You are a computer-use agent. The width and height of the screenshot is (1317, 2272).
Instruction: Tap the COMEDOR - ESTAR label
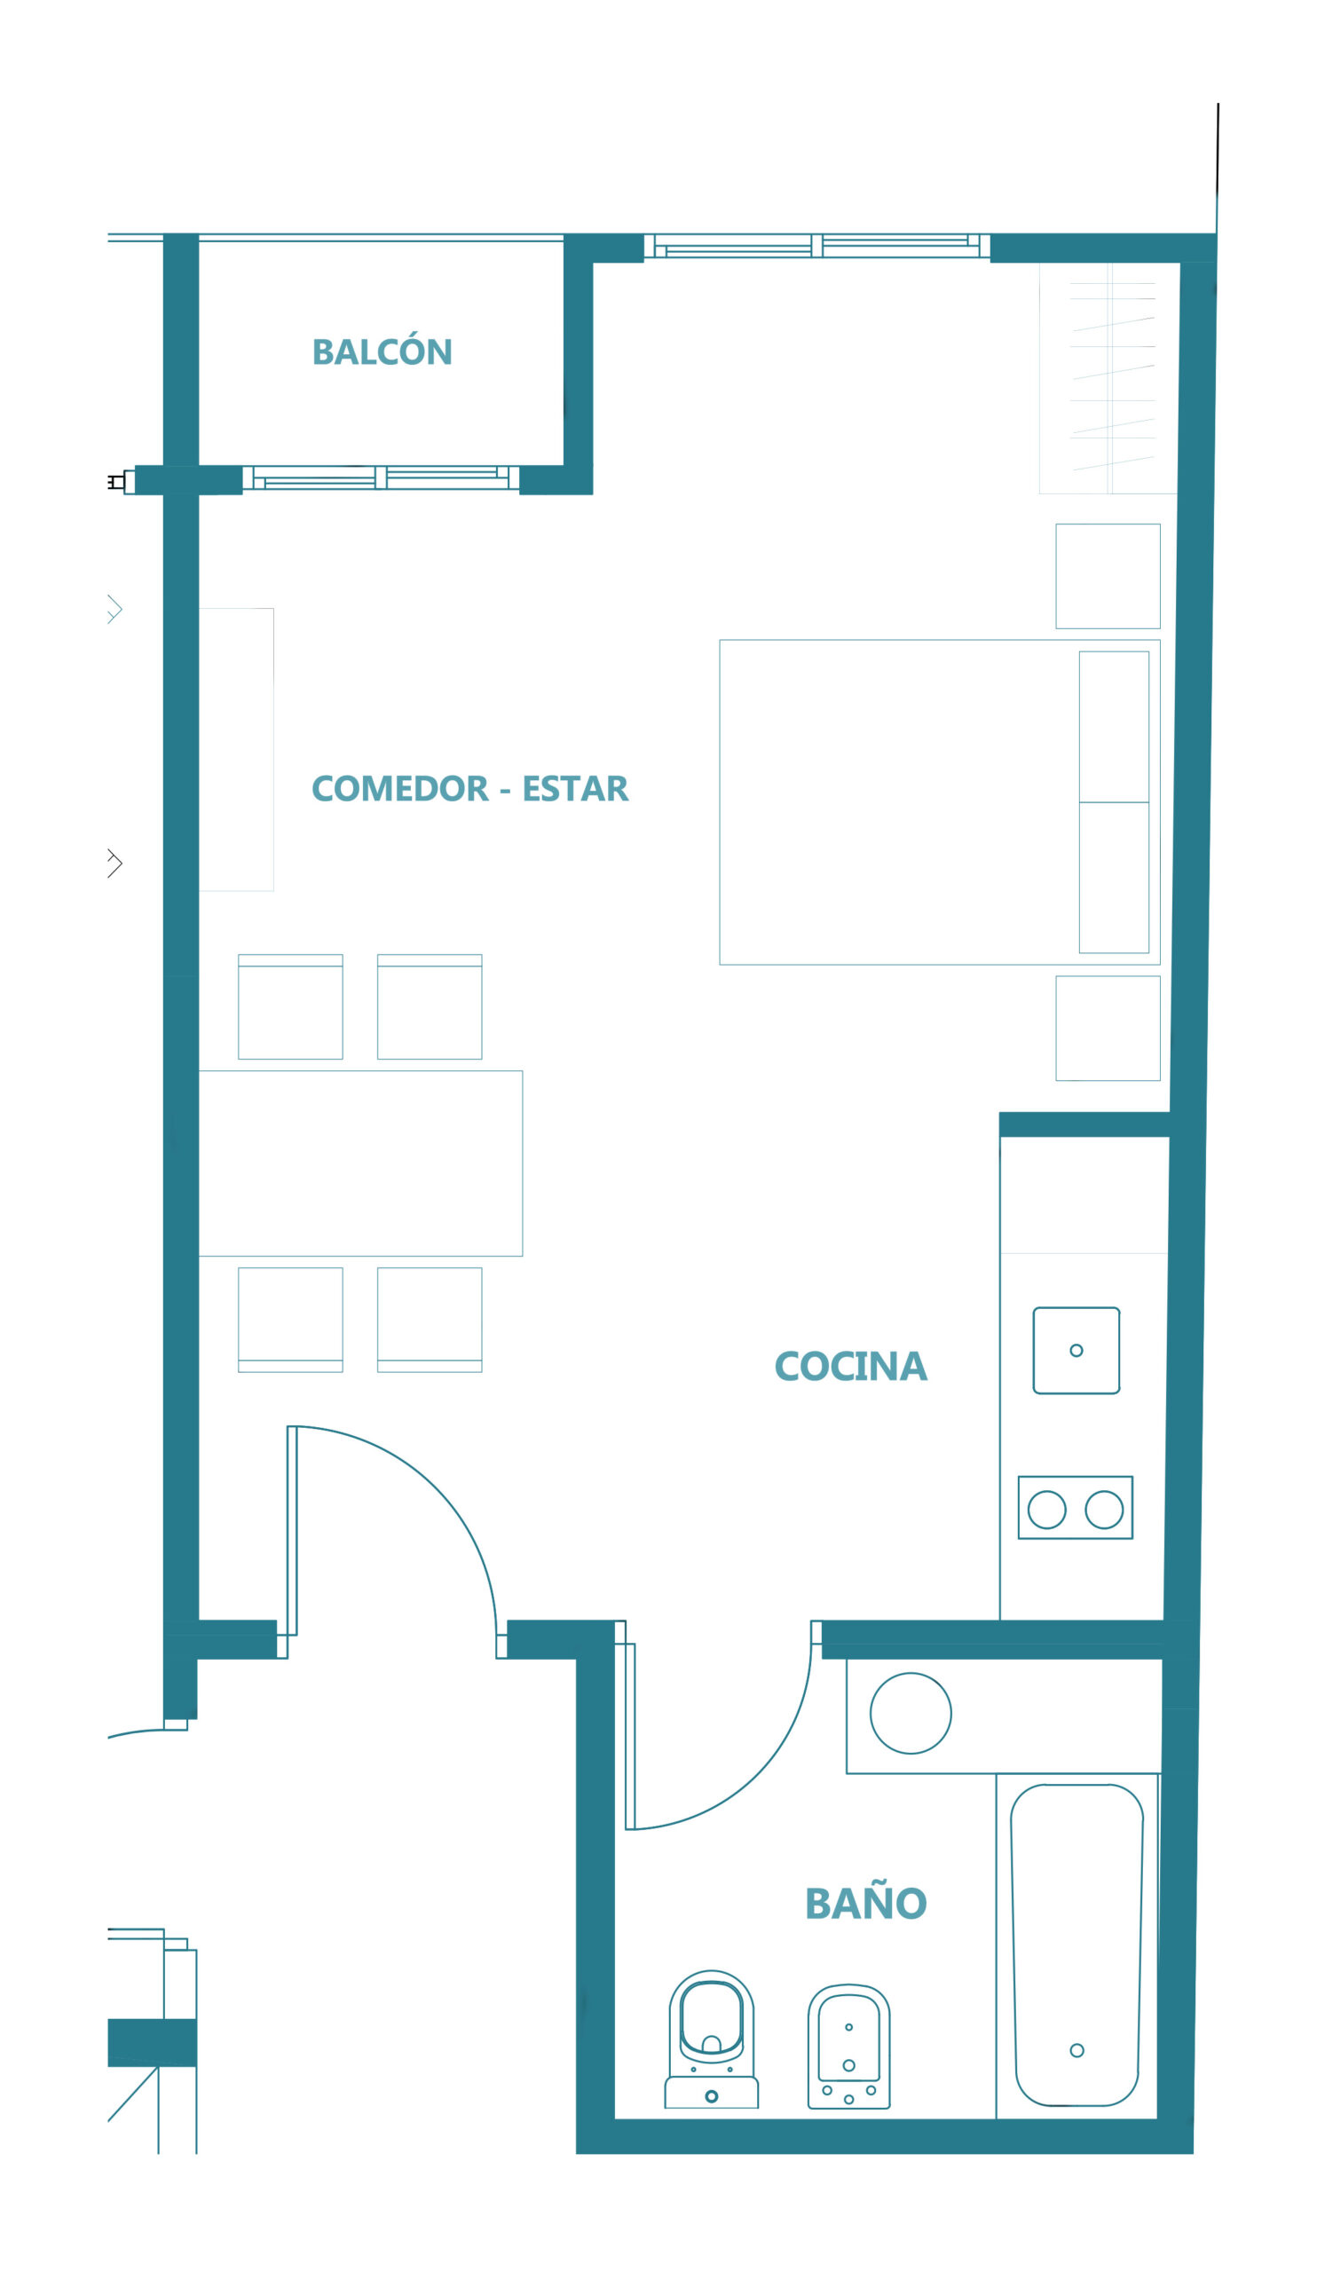coord(469,788)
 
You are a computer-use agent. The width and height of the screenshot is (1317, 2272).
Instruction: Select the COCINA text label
coord(850,1366)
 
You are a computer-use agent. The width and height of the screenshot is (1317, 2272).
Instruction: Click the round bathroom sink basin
coord(911,1713)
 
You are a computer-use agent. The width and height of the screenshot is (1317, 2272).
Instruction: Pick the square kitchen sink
coord(1076,1351)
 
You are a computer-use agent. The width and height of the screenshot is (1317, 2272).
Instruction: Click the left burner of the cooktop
coord(1046,1511)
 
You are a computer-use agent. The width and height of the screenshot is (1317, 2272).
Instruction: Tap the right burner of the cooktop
coord(1104,1511)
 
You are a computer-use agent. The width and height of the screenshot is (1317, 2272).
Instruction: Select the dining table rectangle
coord(360,1163)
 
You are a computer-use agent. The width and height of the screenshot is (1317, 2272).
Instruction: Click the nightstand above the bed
coord(1108,576)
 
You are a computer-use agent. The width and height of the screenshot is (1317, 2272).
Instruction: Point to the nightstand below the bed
coord(1108,1028)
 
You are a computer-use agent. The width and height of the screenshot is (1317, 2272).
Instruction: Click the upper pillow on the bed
coord(1114,727)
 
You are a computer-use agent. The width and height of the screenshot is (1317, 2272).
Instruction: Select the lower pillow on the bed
coord(1114,877)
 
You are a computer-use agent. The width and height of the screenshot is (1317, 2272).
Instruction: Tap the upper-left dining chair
coord(290,1006)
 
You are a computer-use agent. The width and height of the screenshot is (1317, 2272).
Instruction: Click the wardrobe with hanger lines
coord(1108,378)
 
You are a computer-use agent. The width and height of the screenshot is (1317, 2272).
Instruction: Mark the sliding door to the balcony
coord(381,477)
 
